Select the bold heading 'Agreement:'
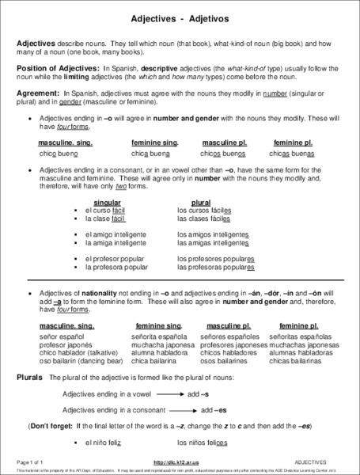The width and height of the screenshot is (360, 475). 38,93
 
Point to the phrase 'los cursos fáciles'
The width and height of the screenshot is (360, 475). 204,210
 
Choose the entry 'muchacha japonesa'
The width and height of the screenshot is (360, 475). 163,345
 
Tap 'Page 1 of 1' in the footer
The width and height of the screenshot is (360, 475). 32,461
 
